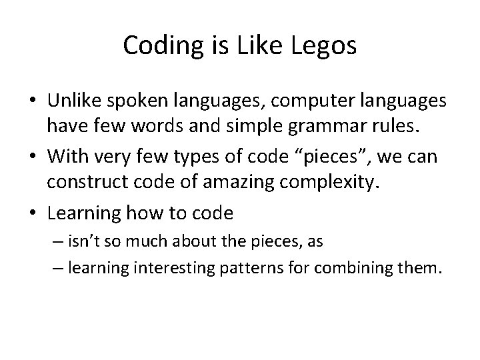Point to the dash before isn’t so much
(x=56, y=241)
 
